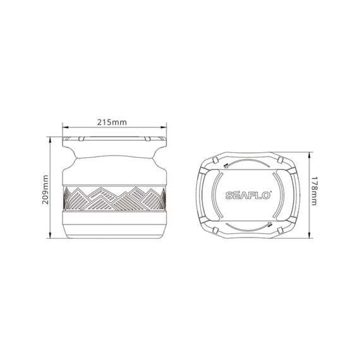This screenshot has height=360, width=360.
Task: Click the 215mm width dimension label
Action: (114, 121)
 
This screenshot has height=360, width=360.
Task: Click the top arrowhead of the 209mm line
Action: (51, 137)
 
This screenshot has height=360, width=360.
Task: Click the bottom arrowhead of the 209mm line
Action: (51, 238)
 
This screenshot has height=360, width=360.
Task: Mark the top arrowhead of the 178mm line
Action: (309, 153)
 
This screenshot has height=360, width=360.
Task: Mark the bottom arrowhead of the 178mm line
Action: (309, 237)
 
